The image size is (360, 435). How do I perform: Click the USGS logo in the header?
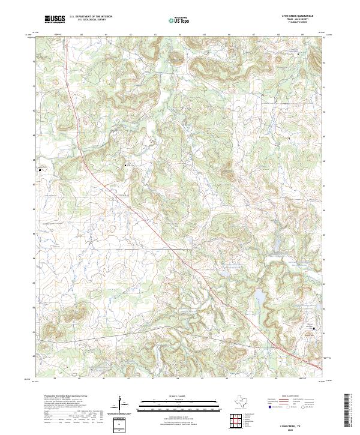(55, 19)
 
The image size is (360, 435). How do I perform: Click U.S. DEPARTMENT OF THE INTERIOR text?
(91, 16)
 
